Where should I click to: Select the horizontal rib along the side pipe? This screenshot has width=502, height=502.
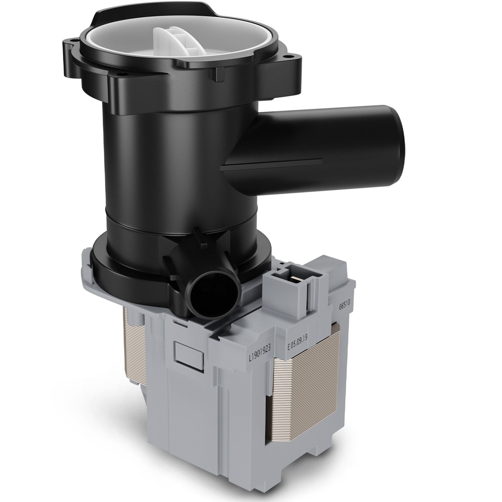pyautogui.click(x=274, y=162)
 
